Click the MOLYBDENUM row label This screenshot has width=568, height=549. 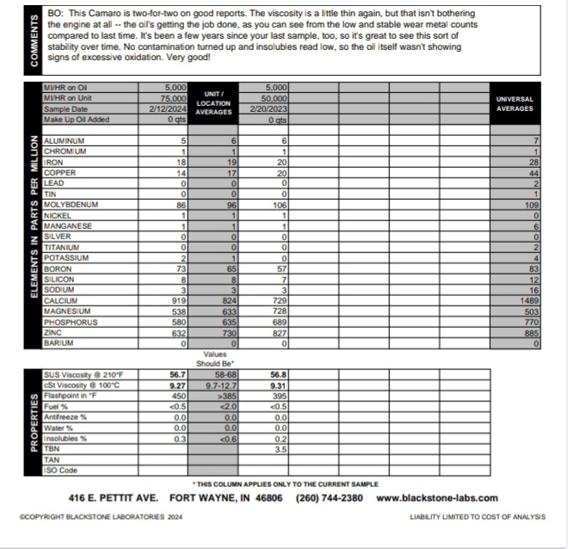[71, 205]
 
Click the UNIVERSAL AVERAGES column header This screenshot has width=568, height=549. [515, 104]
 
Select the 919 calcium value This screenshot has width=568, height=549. [177, 299]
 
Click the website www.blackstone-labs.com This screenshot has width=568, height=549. [437, 497]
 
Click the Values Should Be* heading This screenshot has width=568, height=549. [214, 359]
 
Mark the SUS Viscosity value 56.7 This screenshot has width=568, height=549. [177, 375]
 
